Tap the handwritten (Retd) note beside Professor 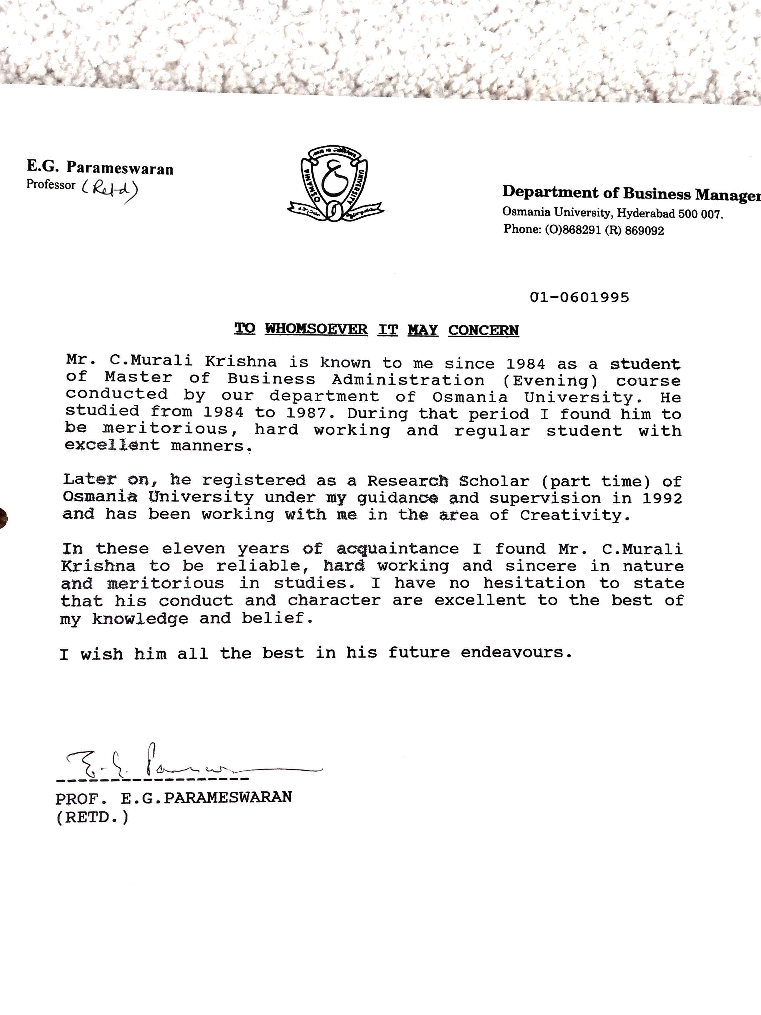[110, 189]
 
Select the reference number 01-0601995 [579, 297]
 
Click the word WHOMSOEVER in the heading [316, 329]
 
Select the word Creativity [575, 515]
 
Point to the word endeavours [517, 652]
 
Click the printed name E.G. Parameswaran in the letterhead [100, 167]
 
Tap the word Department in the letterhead [550, 192]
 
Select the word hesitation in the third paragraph [533, 583]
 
